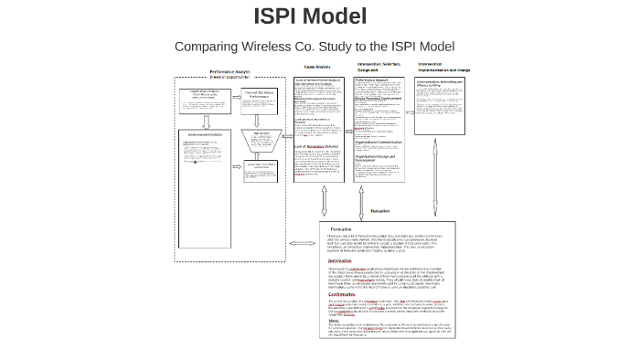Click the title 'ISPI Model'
click(x=310, y=16)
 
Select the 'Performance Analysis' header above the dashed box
click(x=229, y=74)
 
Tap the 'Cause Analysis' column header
click(x=317, y=67)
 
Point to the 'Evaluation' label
click(x=379, y=211)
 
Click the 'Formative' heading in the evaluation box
click(x=340, y=229)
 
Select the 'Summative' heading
click(x=341, y=260)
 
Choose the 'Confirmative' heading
click(x=343, y=294)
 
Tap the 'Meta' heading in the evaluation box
click(x=333, y=321)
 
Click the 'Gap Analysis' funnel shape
click(x=261, y=139)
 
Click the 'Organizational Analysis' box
click(x=205, y=96)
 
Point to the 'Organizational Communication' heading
click(x=379, y=142)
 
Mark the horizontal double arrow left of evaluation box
click(x=303, y=243)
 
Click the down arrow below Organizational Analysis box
click(x=206, y=122)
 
